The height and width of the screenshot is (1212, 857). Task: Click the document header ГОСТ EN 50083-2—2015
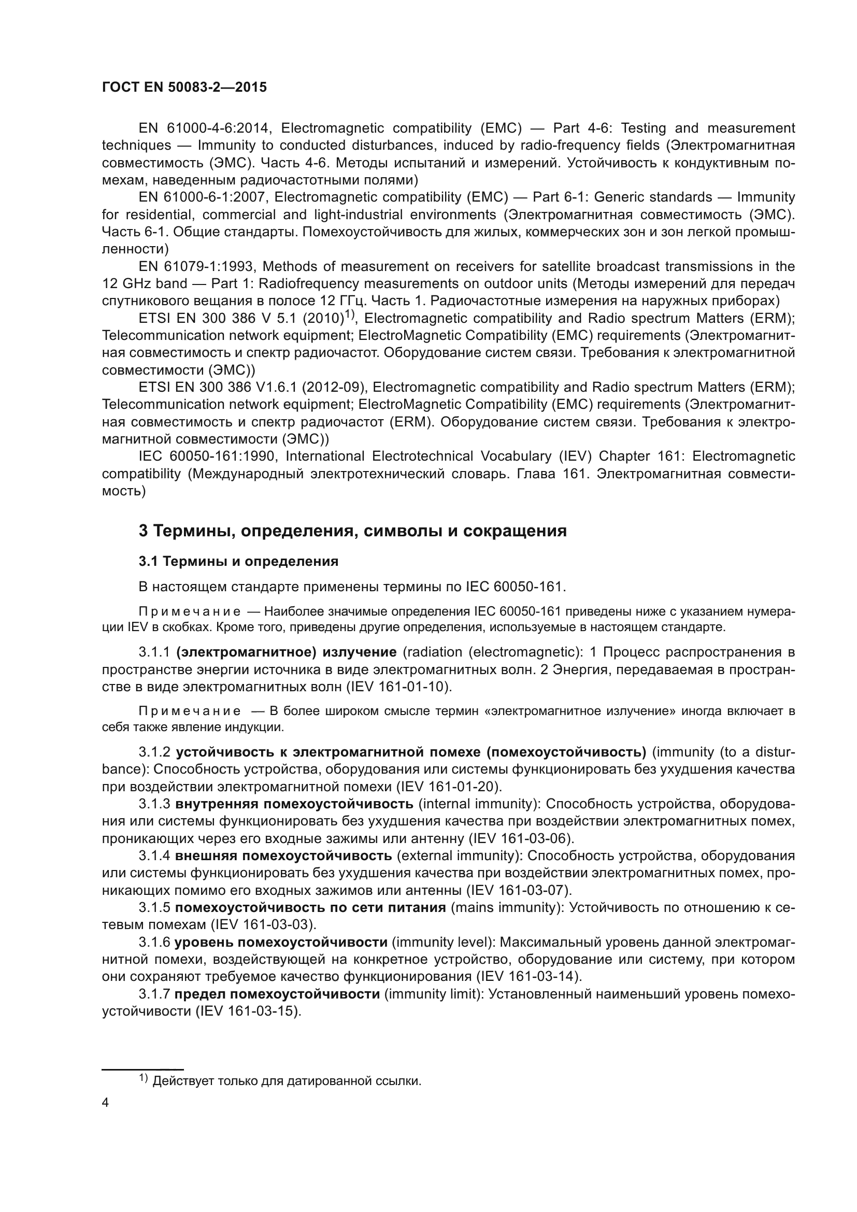click(x=184, y=88)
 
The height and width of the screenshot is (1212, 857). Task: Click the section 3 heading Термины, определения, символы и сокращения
click(x=352, y=531)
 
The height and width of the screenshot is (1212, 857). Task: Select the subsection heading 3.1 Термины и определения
click(x=238, y=561)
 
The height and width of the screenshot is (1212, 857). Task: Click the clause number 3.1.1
click(x=154, y=652)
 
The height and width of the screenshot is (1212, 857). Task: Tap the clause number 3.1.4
click(x=154, y=855)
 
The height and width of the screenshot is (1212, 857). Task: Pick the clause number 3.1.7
click(x=154, y=994)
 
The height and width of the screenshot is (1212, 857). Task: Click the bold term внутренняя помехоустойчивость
click(x=294, y=804)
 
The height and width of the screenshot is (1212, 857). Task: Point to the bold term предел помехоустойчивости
click(x=277, y=994)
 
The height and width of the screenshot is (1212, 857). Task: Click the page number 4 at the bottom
click(x=105, y=1103)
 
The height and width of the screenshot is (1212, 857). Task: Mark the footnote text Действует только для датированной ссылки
click(x=287, y=1081)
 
